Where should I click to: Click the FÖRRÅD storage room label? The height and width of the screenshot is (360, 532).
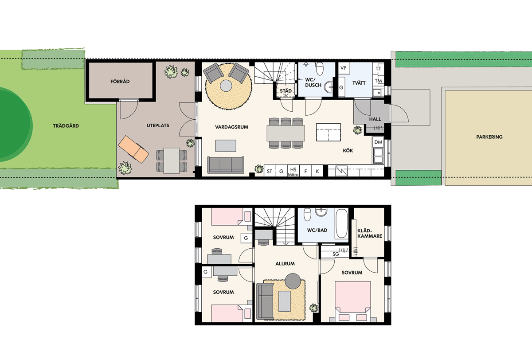(120, 82)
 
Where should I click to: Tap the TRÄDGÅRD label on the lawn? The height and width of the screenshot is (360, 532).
(66, 126)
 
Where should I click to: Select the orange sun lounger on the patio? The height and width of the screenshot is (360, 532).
(133, 149)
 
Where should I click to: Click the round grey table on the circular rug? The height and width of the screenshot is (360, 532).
(226, 86)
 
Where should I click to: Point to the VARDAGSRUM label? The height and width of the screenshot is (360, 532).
(231, 127)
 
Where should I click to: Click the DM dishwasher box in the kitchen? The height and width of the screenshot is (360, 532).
(378, 142)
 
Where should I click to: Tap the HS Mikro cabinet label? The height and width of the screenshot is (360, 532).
(293, 172)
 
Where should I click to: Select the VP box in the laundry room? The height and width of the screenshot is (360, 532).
(344, 68)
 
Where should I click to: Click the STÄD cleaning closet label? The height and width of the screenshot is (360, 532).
(286, 91)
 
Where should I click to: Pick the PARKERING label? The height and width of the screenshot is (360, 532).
(489, 137)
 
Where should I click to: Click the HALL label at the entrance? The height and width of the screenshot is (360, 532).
(375, 119)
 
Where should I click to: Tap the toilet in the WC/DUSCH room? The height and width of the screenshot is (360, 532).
(320, 68)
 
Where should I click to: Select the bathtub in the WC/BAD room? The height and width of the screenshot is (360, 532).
(341, 224)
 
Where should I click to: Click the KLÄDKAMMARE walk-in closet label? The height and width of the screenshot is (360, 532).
(370, 233)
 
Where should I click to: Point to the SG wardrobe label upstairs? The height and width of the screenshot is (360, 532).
(336, 254)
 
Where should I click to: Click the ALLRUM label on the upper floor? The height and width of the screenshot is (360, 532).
(285, 264)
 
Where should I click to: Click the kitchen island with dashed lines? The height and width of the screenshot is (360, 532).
(329, 132)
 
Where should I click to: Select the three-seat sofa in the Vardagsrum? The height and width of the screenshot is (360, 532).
(226, 165)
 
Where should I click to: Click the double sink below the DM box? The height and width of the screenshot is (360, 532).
(378, 156)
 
